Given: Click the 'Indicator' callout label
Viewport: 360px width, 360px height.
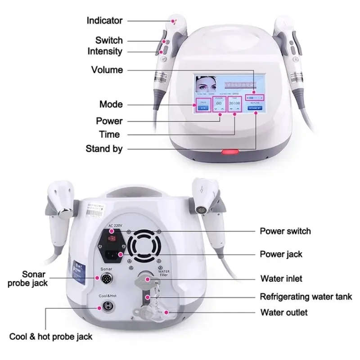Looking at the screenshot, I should coord(104,21).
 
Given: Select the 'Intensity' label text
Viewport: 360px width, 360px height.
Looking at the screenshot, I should coord(105,51).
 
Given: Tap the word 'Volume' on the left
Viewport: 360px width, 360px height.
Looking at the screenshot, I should coord(107,70).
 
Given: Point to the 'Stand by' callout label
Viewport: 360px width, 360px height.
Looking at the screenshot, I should coord(104,149).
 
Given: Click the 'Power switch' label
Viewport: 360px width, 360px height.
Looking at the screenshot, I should coord(285,231).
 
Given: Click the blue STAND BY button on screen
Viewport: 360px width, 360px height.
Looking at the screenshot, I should coord(254,108).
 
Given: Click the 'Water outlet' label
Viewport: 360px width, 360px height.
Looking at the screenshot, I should coord(284,312).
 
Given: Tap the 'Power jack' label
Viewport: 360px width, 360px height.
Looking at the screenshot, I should coord(281,254).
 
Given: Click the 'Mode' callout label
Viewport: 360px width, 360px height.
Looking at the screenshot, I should coord(111,104).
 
